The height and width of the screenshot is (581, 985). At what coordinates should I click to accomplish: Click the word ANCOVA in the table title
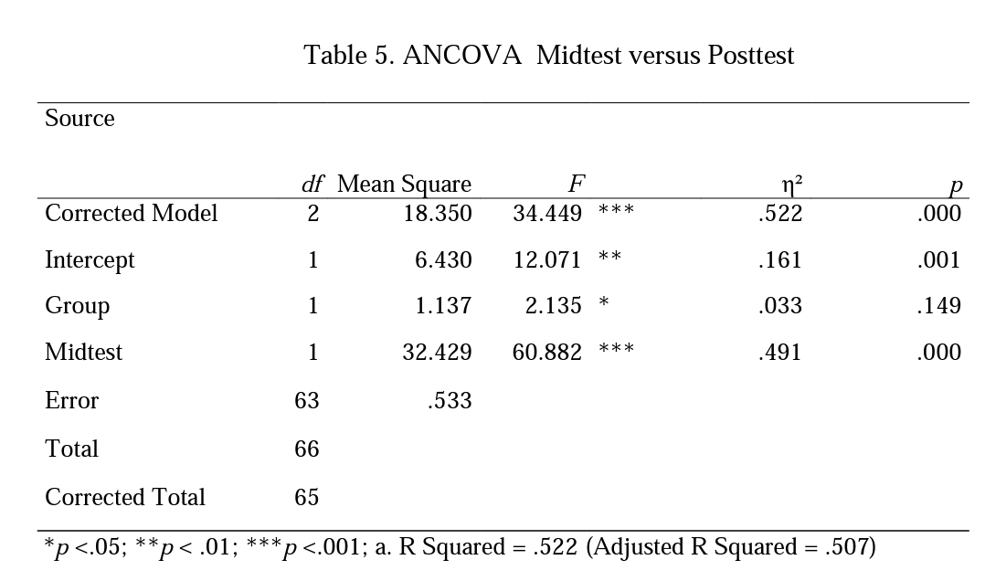pyautogui.click(x=462, y=56)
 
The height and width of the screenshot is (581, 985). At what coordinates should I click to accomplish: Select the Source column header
pyautogui.click(x=79, y=119)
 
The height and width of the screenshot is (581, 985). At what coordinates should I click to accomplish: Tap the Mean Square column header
pyautogui.click(x=404, y=185)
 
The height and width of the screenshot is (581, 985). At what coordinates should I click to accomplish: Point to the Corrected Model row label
pyautogui.click(x=131, y=214)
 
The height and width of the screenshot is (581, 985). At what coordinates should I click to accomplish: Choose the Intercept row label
pyautogui.click(x=90, y=260)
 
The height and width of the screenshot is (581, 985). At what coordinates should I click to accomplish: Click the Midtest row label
pyautogui.click(x=83, y=353)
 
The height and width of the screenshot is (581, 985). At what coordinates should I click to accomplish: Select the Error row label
pyautogui.click(x=71, y=401)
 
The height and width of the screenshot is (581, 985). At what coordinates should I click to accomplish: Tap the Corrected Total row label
pyautogui.click(x=124, y=498)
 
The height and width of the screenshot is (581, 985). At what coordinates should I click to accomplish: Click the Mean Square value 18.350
pyautogui.click(x=438, y=214)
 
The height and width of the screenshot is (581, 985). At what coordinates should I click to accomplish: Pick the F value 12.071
pyautogui.click(x=546, y=260)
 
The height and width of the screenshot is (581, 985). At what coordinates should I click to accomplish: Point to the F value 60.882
pyautogui.click(x=546, y=353)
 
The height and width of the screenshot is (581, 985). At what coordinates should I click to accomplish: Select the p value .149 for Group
pyautogui.click(x=938, y=306)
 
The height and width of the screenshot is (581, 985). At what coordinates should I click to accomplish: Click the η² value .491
pyautogui.click(x=779, y=353)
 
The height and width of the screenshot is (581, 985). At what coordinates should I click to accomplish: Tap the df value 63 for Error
pyautogui.click(x=307, y=401)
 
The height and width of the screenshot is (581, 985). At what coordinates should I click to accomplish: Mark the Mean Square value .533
pyautogui.click(x=450, y=401)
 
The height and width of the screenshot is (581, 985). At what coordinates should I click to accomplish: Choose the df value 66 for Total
pyautogui.click(x=307, y=449)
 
